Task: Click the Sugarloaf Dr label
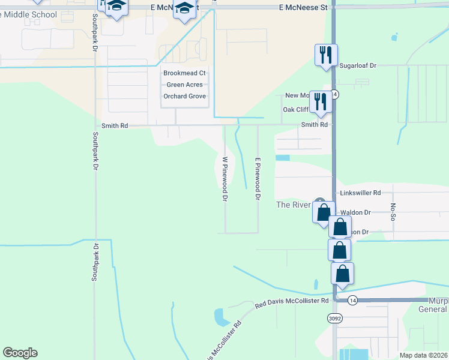pyautogui.click(x=357, y=65)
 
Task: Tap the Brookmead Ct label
pyautogui.click(x=185, y=73)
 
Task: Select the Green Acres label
pyautogui.click(x=185, y=85)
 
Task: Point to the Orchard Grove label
pyautogui.click(x=185, y=96)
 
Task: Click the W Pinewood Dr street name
pyautogui.click(x=224, y=179)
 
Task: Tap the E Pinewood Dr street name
pyautogui.click(x=258, y=179)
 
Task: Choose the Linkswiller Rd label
pyautogui.click(x=360, y=193)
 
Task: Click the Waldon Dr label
pyautogui.click(x=355, y=212)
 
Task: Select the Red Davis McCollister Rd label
pyautogui.click(x=292, y=302)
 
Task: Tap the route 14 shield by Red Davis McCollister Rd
pyautogui.click(x=352, y=300)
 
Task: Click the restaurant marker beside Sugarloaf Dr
pyautogui.click(x=326, y=55)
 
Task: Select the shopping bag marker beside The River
pyautogui.click(x=324, y=212)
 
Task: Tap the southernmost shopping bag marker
pyautogui.click(x=342, y=274)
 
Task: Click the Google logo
pyautogui.click(x=20, y=353)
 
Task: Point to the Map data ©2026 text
pyautogui.click(x=423, y=355)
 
